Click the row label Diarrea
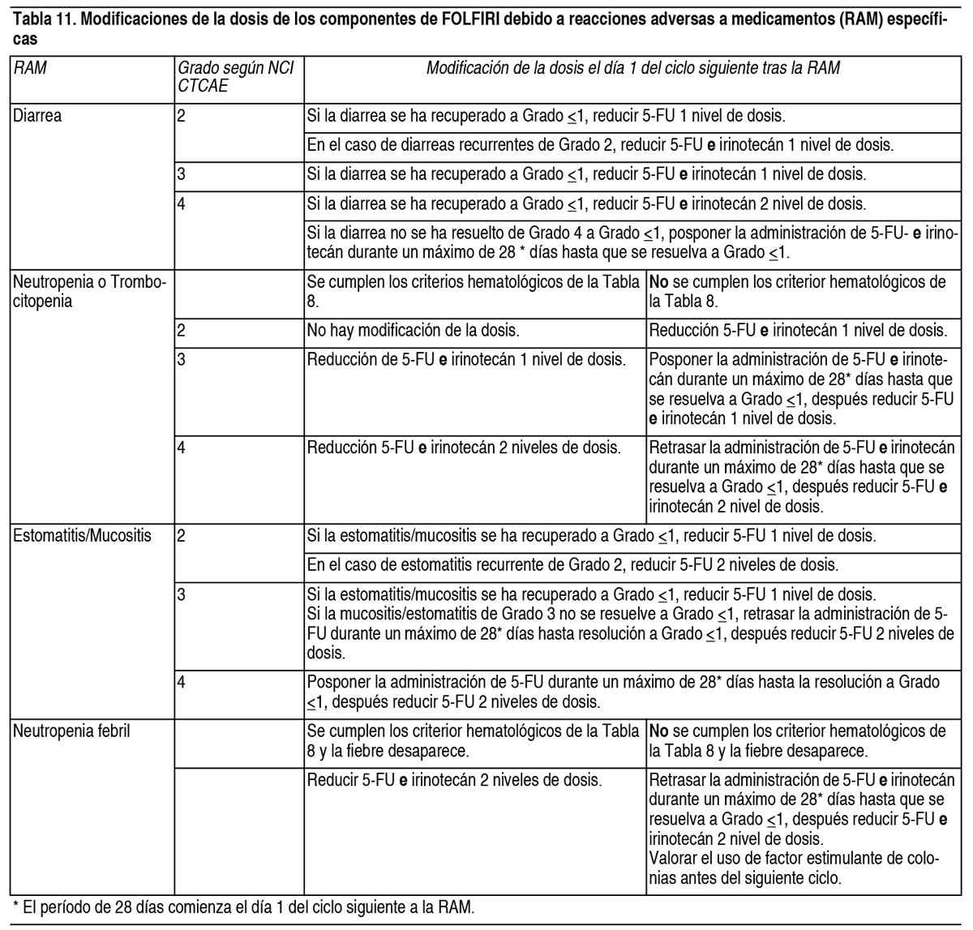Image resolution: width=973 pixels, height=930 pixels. [37, 116]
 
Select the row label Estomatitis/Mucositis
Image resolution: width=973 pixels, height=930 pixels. [82, 536]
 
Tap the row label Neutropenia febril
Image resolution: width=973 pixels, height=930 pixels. [72, 731]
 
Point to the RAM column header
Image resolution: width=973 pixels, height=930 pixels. [30, 68]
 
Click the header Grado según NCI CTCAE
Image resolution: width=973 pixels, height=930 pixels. [234, 76]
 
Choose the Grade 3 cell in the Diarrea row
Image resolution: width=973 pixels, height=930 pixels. [182, 174]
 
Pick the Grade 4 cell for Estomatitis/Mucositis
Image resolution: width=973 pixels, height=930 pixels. [182, 683]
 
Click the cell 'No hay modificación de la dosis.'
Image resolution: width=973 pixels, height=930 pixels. [413, 331]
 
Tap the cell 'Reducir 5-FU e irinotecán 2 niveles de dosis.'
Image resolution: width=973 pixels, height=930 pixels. [454, 781]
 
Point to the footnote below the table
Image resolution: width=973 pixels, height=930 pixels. [243, 906]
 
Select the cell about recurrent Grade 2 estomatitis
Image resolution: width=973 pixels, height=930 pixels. [572, 564]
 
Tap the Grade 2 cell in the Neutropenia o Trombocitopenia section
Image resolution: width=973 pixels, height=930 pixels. [182, 331]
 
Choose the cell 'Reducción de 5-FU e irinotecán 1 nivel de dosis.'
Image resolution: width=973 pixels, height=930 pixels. [466, 359]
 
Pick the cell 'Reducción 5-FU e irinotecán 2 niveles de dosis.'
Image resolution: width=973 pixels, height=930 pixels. [464, 447]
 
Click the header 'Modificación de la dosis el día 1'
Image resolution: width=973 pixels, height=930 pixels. [632, 68]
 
